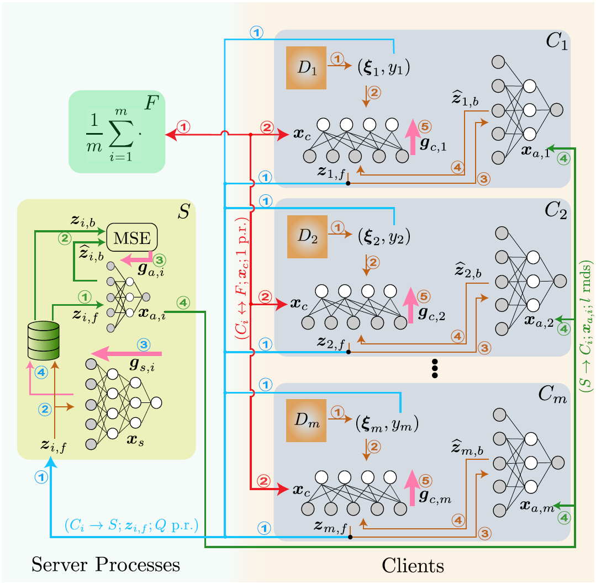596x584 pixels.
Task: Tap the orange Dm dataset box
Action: pyautogui.click(x=307, y=424)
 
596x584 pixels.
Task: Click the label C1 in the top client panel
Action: pyautogui.click(x=555, y=44)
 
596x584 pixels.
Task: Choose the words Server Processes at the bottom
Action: pyautogui.click(x=106, y=565)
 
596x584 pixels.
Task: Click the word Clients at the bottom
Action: pyautogui.click(x=413, y=565)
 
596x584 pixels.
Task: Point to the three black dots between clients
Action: pyautogui.click(x=434, y=368)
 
